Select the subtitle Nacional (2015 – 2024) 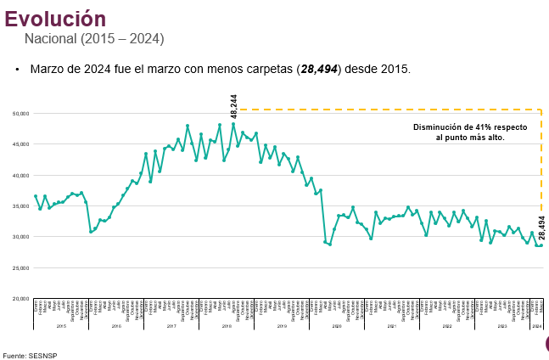click(x=94, y=39)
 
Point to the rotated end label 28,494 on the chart click(x=541, y=229)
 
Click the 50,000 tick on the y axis click(x=20, y=113)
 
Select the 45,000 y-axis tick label click(x=20, y=144)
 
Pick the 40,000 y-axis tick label click(x=20, y=175)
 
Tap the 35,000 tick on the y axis click(x=20, y=206)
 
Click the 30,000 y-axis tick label click(x=20, y=237)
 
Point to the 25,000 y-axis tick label click(x=20, y=268)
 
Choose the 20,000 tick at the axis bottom click(x=20, y=299)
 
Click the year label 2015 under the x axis click(x=61, y=326)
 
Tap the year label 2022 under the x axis click(x=446, y=326)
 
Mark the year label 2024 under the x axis click(x=538, y=326)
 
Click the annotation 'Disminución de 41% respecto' click(x=469, y=127)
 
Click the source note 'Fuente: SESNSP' click(x=26, y=355)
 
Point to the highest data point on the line click(x=233, y=124)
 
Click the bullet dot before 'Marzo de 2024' click(x=17, y=69)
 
